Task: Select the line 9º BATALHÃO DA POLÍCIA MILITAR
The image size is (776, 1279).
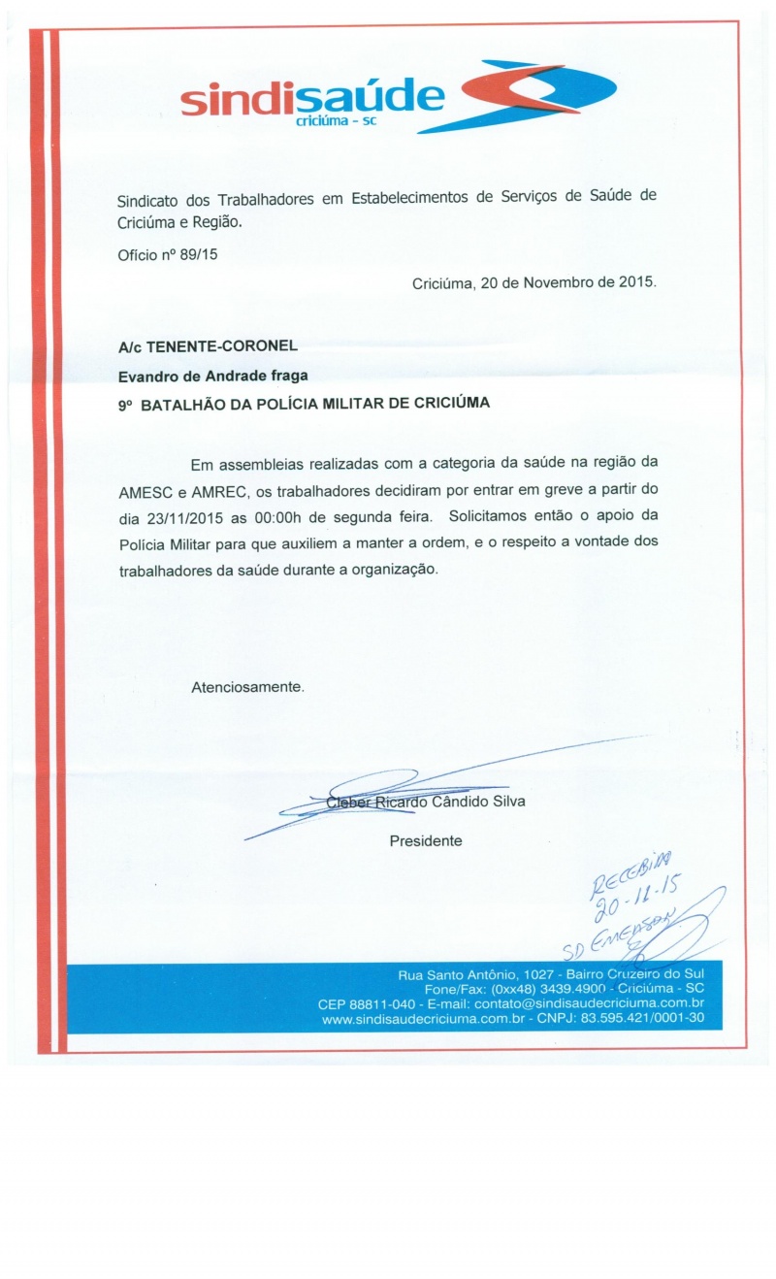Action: click(304, 405)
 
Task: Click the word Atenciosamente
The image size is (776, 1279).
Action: click(247, 686)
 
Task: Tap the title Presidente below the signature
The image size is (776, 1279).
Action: click(426, 840)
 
